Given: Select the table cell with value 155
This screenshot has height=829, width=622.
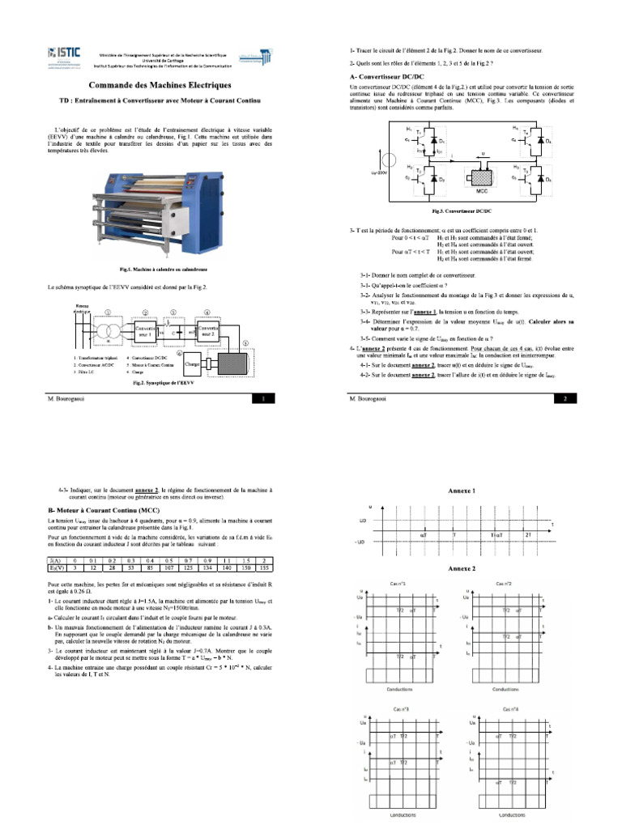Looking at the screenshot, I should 263,567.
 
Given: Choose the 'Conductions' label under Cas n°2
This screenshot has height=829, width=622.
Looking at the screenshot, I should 505,690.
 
